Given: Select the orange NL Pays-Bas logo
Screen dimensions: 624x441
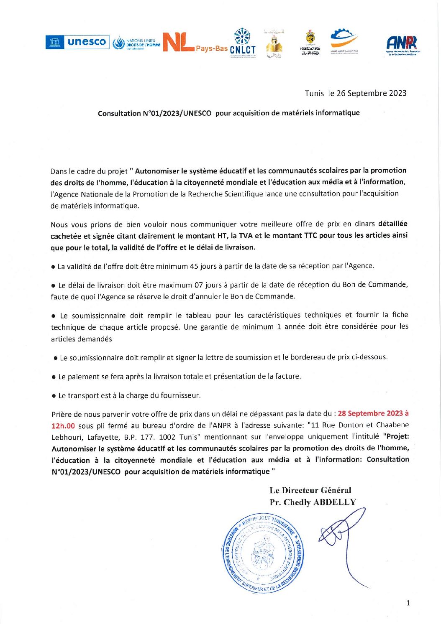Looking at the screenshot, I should coord(195,43).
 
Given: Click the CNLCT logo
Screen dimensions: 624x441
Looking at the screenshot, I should coord(243,43).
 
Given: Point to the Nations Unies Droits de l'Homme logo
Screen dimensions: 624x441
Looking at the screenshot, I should coord(136,43).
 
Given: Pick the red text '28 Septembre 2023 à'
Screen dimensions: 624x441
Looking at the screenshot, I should coord(373,413).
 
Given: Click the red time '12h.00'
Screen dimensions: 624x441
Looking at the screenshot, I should coord(63,425).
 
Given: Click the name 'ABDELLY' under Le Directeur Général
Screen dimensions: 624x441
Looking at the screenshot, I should coord(334,502).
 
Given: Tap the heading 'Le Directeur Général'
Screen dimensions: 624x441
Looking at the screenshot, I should coord(310,490).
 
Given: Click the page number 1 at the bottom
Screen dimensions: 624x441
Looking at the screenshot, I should coord(408,603).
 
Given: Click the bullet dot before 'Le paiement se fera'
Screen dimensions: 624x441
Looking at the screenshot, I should coord(54,377).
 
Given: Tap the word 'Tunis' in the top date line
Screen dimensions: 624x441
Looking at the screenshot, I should coord(314,93).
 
